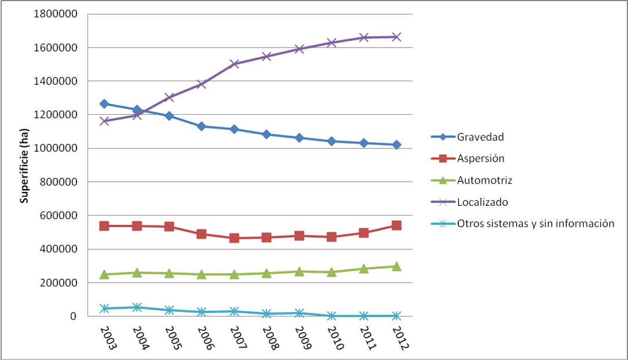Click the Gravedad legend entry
pos(480,137)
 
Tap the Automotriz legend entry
pos(484,180)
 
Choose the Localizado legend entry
pos(483,202)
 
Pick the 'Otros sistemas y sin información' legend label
pos(535,223)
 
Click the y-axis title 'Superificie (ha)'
pos(24,165)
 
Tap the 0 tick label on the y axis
pos(74,317)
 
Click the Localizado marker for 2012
pos(396,37)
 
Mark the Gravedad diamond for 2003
pos(104,104)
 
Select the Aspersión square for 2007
pos(234,238)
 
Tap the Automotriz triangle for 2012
pos(396,266)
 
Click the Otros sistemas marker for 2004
pos(137,307)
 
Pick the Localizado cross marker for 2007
pos(234,64)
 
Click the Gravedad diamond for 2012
pos(396,145)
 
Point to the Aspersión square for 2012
pos(396,226)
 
